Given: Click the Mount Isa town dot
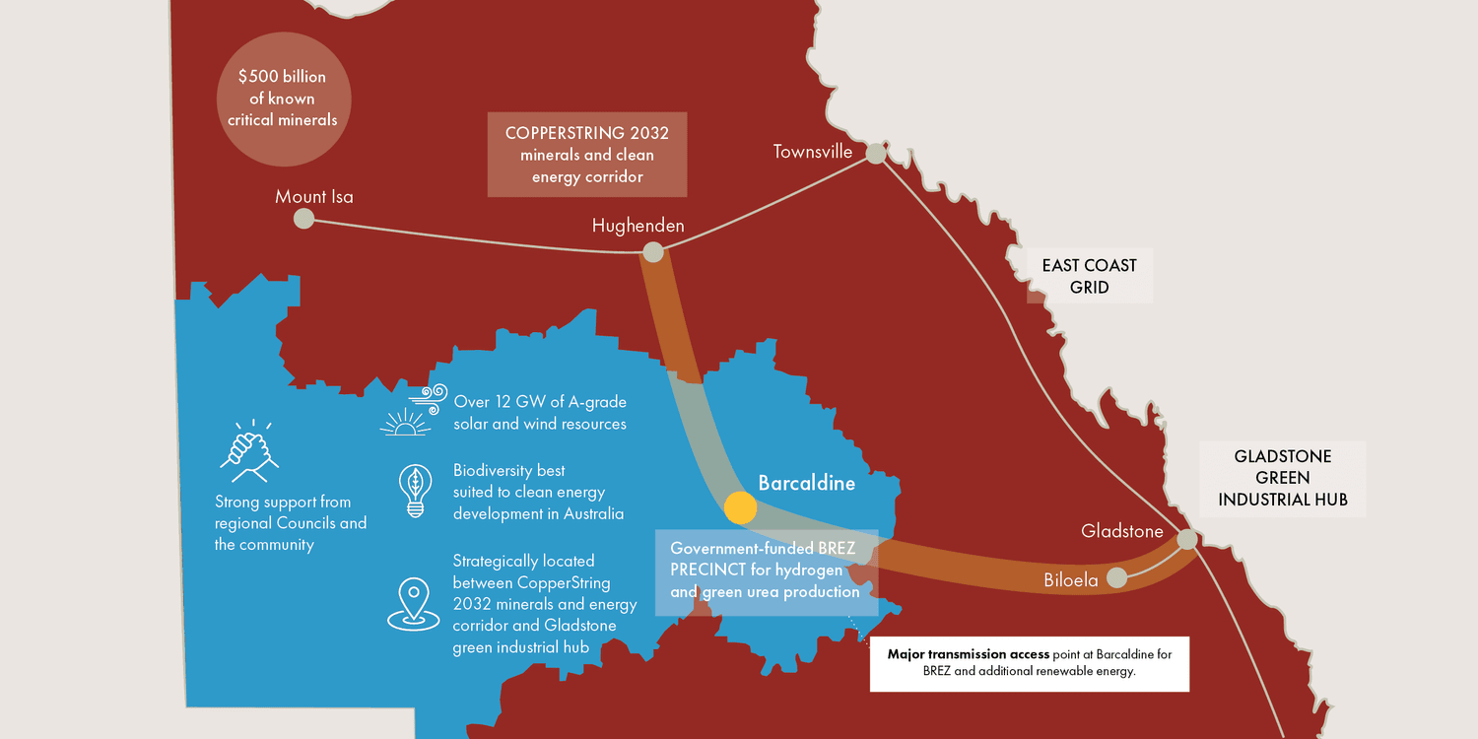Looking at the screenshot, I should (x=304, y=219).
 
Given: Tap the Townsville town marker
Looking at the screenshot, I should (x=874, y=154).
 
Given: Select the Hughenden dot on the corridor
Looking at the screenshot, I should (x=652, y=252).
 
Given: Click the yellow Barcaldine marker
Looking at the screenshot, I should (x=740, y=507).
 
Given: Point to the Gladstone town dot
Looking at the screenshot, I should (x=1187, y=540).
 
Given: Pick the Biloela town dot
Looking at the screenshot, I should (x=1116, y=578).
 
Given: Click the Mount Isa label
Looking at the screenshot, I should (x=314, y=197).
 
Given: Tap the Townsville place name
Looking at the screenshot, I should (x=813, y=152).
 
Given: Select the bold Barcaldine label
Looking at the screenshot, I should (x=806, y=484).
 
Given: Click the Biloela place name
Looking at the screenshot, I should (x=1071, y=580).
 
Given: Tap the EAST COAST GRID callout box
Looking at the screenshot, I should (x=1089, y=277).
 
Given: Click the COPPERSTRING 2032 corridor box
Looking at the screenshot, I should (x=587, y=155).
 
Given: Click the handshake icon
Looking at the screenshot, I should (x=249, y=449).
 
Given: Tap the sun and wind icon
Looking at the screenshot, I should (x=413, y=412).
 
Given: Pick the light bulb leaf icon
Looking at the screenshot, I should (x=414, y=491).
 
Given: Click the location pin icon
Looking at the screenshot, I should (x=413, y=603).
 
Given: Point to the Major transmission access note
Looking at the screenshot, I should (x=1029, y=663).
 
